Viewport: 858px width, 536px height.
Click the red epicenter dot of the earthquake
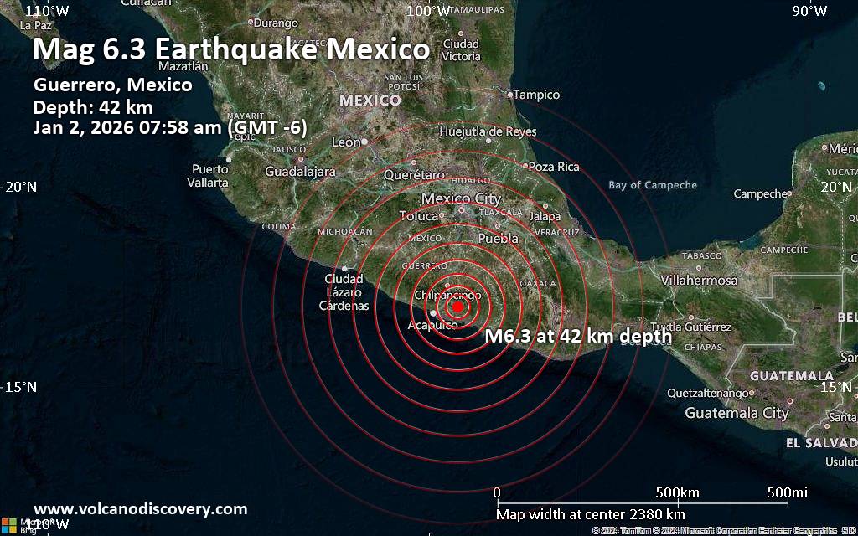(457, 307)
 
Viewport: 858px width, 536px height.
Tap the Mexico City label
(461, 198)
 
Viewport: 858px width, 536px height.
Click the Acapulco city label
(432, 325)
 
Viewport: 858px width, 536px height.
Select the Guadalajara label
(300, 172)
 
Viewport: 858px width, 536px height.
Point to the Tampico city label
(536, 95)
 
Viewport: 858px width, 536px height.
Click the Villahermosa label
(699, 281)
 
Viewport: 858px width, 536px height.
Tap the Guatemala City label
(737, 413)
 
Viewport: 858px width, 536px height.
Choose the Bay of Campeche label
(653, 185)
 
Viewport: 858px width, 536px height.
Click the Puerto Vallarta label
(209, 176)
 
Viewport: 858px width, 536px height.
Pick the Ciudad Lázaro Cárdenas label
(344, 292)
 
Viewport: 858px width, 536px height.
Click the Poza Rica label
(554, 167)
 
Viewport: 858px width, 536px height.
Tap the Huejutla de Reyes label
(488, 131)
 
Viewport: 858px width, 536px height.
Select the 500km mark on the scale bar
(677, 492)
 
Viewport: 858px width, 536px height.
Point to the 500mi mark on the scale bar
(788, 492)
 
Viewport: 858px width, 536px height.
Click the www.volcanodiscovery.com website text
(140, 508)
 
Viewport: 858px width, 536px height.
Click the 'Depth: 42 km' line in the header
(93, 106)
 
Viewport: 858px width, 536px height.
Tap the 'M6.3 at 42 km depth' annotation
(579, 336)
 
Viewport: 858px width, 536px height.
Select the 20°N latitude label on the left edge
(19, 187)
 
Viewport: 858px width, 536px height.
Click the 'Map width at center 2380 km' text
(591, 514)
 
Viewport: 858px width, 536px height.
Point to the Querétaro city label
(414, 175)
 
